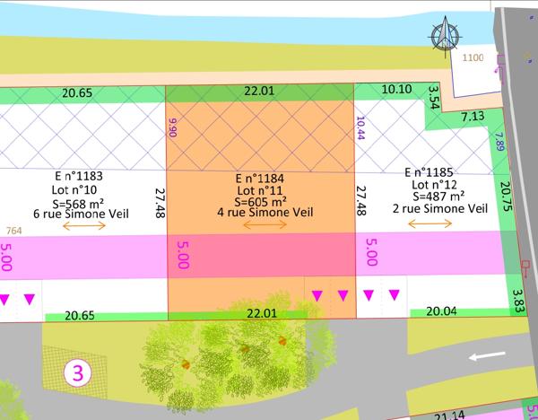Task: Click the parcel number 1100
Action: pyautogui.click(x=473, y=57)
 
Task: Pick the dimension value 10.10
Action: pyautogui.click(x=396, y=90)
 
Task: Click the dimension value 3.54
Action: pyautogui.click(x=435, y=97)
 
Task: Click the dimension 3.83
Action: pyautogui.click(x=516, y=299)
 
